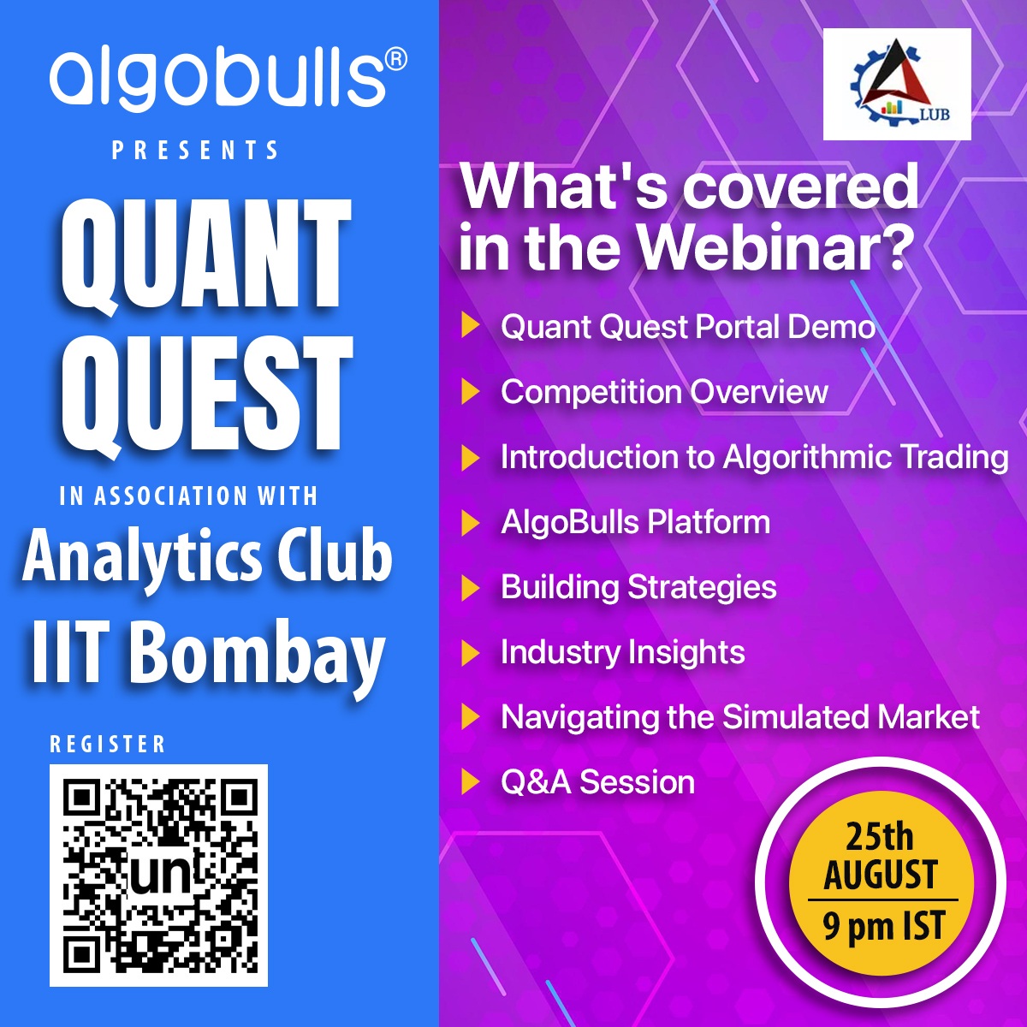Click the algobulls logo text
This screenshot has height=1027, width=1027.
[218, 80]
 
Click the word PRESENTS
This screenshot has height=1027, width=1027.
[196, 151]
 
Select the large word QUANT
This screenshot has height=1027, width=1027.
[206, 254]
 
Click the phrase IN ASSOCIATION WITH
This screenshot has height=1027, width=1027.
[189, 496]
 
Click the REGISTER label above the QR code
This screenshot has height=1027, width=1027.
[108, 745]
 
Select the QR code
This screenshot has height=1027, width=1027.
[159, 875]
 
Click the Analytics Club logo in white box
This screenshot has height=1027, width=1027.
[897, 84]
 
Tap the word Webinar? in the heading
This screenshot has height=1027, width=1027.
[774, 246]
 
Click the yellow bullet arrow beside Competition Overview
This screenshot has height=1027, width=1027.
[470, 392]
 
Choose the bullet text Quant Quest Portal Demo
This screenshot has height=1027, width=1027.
[687, 327]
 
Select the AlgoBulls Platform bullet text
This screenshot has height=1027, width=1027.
[635, 522]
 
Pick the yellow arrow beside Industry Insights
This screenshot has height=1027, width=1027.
[470, 652]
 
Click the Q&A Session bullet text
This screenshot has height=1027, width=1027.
[597, 782]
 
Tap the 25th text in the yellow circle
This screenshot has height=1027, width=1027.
[880, 836]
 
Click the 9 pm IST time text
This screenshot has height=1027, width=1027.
[883, 927]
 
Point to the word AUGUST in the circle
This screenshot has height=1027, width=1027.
[881, 876]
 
